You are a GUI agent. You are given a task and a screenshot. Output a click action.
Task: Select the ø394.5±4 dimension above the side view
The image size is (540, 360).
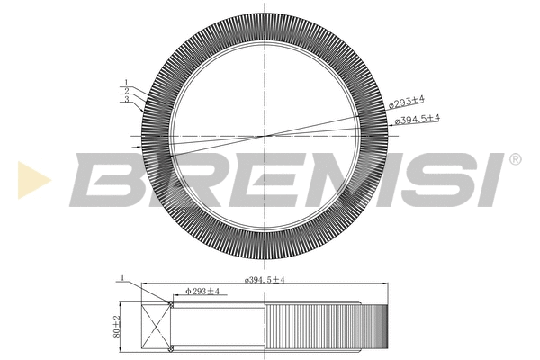pos(265,281)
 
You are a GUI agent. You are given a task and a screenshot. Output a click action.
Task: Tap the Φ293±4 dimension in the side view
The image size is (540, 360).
pos(203,290)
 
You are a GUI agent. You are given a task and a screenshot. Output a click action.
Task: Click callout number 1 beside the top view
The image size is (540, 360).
pos(127,83)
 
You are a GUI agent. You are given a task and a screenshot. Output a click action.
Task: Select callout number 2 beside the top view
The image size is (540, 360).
pos(127,91)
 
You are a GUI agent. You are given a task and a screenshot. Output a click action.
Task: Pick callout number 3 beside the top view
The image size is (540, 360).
pos(127,99)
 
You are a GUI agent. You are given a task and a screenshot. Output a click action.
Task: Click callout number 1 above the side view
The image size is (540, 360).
pos(122,278)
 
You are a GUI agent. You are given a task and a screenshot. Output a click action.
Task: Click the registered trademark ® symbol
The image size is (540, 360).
pos(515,159)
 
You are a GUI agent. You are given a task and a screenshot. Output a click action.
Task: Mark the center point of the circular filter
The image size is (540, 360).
pos(267,136)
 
